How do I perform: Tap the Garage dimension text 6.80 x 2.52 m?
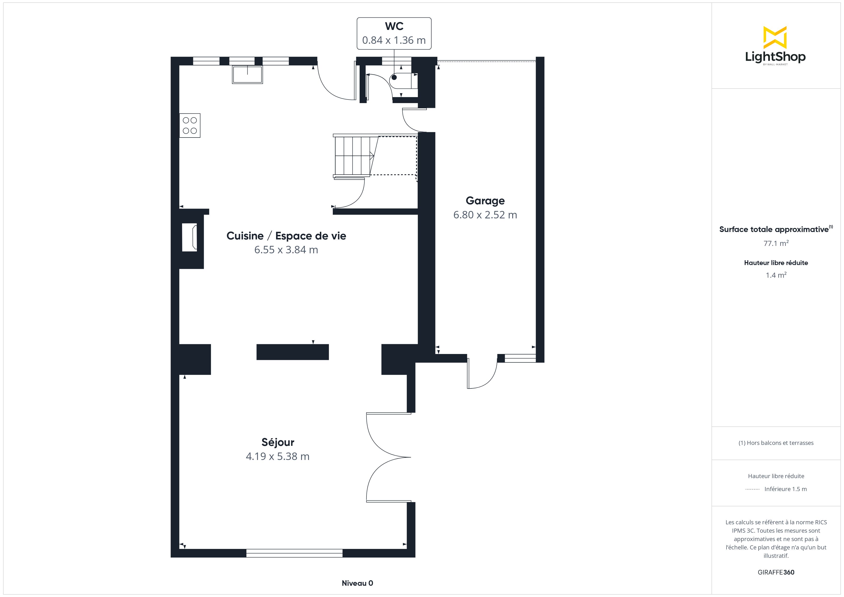[x=485, y=215]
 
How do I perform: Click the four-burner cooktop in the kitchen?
[x=190, y=125]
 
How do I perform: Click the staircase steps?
[x=353, y=155]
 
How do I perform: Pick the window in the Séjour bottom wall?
[x=294, y=553]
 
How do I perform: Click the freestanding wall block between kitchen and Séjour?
[x=292, y=352]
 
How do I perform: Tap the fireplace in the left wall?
[x=190, y=238]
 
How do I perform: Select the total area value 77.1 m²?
[x=776, y=243]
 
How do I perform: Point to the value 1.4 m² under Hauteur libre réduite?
[x=776, y=275]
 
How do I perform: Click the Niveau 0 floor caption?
[x=357, y=583]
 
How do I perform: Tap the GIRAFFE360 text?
[x=776, y=572]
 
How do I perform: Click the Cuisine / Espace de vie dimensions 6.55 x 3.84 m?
[x=286, y=250]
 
